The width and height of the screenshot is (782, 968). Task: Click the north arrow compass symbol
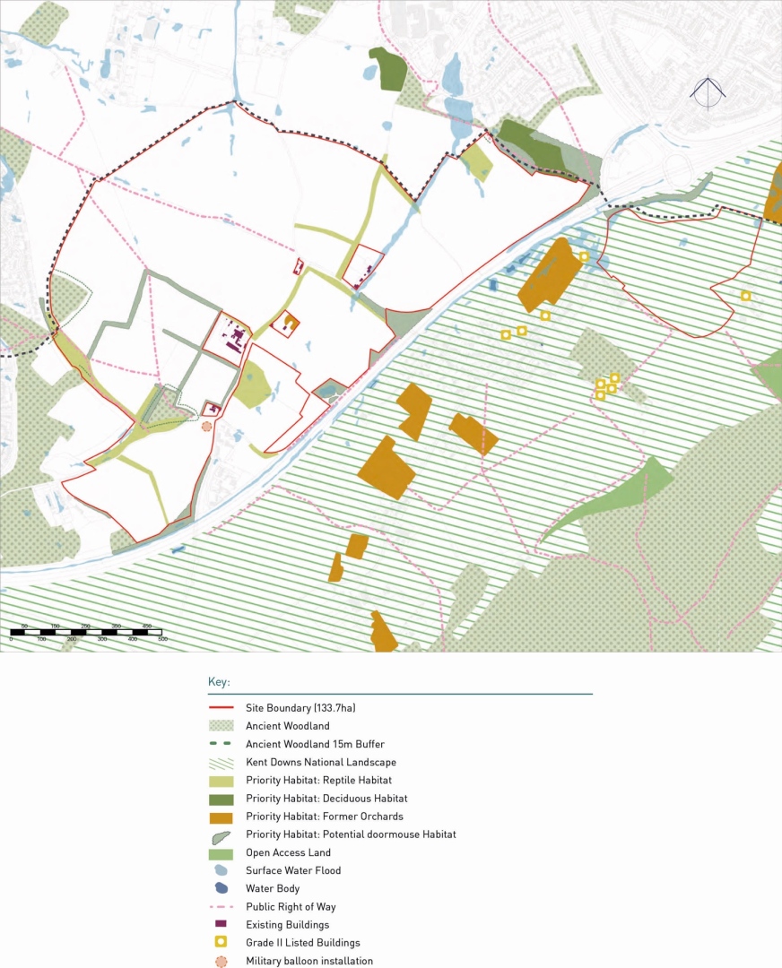tap(708, 93)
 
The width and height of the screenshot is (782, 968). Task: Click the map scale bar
tap(87, 633)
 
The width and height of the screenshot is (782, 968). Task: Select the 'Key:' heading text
tap(220, 682)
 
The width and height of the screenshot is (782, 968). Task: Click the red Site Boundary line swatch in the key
tap(221, 708)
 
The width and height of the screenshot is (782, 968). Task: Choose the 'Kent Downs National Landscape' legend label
tap(321, 762)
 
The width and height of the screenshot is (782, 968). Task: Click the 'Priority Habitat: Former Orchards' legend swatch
tap(221, 817)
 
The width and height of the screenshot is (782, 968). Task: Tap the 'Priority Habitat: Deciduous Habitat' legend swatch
tap(221, 799)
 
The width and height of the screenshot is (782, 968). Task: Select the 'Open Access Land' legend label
tap(288, 852)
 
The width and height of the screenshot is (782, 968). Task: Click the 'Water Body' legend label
tap(273, 889)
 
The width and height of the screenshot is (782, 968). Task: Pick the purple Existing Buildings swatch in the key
tap(221, 924)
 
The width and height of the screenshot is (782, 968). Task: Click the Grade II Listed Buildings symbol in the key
tap(221, 943)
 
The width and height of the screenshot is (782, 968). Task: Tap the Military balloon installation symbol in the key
tap(221, 962)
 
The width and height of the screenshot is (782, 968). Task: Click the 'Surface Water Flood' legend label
tap(293, 870)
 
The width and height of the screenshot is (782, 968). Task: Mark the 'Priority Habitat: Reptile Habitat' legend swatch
tap(221, 780)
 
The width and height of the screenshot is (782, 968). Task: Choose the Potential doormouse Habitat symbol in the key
tap(221, 835)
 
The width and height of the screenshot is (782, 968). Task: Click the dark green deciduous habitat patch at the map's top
tap(387, 69)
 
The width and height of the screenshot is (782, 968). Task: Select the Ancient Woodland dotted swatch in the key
tap(221, 726)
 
